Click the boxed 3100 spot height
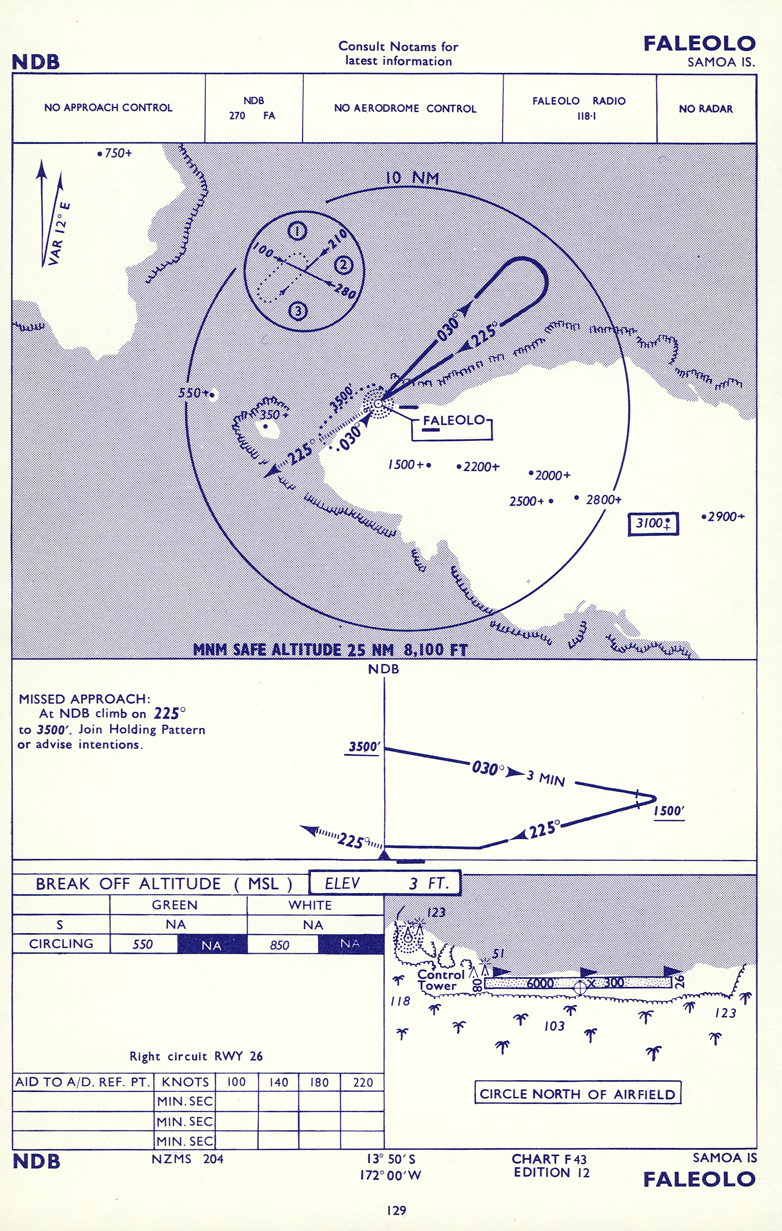click(x=653, y=524)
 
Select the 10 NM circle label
click(x=412, y=178)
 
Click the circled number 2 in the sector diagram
click(x=343, y=266)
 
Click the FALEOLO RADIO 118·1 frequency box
click(x=579, y=108)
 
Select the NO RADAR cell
click(x=706, y=108)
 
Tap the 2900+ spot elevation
click(x=723, y=517)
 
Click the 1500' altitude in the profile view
click(x=669, y=811)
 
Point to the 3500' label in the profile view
click(x=364, y=747)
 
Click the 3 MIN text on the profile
click(x=546, y=778)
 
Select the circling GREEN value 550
click(x=142, y=944)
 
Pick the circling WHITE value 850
click(x=280, y=945)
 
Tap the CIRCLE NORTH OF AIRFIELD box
click(x=578, y=1094)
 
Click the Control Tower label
click(x=441, y=980)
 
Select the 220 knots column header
click(x=362, y=1082)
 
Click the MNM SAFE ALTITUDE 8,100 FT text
click(x=331, y=650)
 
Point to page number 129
click(x=397, y=1210)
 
